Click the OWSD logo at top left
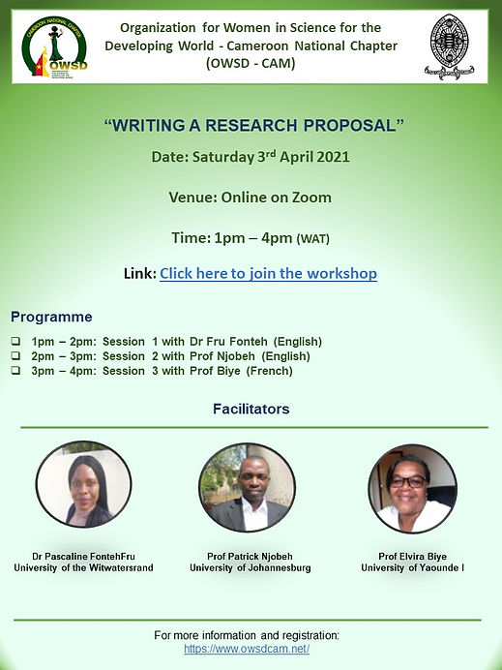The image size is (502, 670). point(55,47)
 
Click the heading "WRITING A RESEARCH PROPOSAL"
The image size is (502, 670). point(252,125)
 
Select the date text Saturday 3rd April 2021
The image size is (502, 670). point(273,156)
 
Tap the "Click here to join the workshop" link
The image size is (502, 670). point(268,273)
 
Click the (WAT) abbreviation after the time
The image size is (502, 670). point(319,238)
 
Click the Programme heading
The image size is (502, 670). point(51,317)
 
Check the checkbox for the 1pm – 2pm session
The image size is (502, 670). point(15,342)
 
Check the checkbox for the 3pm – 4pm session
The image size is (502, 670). point(15,370)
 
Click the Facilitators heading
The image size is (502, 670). point(251,409)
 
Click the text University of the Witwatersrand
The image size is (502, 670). point(83,567)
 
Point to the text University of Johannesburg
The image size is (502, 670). point(250,567)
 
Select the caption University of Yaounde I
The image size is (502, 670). point(412,567)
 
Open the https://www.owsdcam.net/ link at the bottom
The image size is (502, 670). point(246,649)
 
